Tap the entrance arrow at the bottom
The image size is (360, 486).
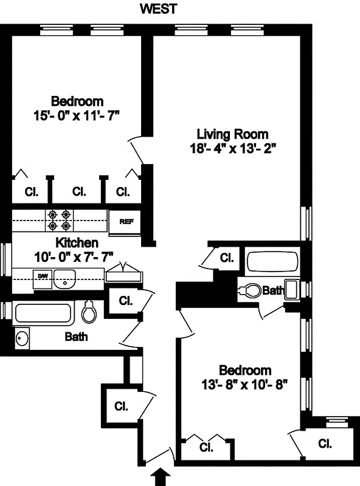point(161,477)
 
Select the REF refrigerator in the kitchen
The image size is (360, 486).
point(126,222)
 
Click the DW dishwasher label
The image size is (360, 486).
point(43,276)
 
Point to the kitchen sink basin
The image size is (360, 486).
point(63,279)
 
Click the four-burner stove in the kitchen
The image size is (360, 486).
point(60,221)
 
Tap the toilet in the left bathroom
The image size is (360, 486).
point(89,313)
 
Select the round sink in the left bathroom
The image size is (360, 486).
point(22,338)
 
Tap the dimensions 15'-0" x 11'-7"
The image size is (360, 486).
point(77,114)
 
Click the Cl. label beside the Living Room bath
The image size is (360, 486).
point(227,258)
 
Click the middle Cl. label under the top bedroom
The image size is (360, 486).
point(79,192)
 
